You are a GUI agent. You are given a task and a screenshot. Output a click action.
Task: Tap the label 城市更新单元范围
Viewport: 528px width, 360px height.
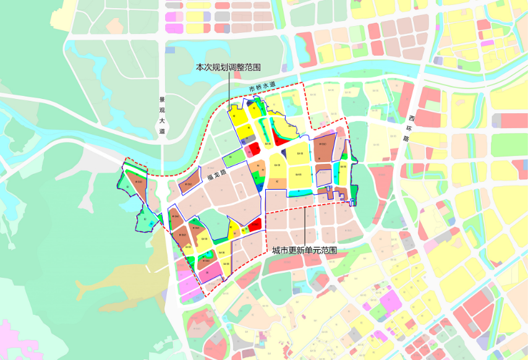pos(304,251)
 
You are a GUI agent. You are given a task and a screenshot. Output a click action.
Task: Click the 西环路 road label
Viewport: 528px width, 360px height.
pos(408,128)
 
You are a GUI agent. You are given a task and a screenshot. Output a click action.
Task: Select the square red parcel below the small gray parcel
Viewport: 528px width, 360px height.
pos(254,148)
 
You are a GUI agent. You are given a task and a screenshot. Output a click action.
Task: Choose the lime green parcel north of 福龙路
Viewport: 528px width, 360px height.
pos(232,158)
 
